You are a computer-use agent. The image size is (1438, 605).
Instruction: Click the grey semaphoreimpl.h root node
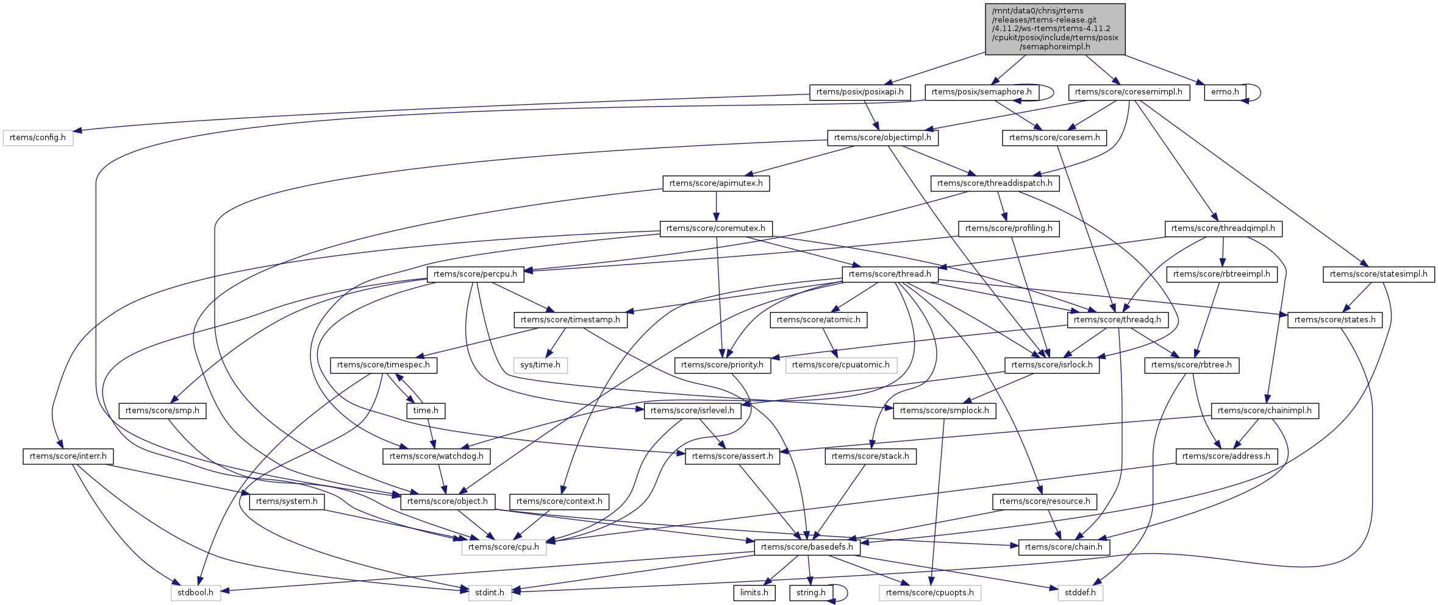(1055, 29)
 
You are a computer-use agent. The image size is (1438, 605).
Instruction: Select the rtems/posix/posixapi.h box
(860, 92)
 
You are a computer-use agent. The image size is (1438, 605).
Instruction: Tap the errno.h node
(1225, 92)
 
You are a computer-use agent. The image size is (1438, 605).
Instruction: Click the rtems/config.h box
(38, 138)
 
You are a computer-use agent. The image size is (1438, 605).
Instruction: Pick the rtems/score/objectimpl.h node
(882, 138)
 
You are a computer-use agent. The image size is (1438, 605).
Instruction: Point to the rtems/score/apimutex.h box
(716, 183)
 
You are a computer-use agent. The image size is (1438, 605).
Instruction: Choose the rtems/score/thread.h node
(890, 274)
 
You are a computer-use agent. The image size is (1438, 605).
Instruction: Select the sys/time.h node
(540, 365)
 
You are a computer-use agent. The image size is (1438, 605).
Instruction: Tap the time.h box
(426, 411)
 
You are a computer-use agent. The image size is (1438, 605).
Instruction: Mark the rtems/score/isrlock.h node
(1052, 365)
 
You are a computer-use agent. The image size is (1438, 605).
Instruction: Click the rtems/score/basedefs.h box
(807, 547)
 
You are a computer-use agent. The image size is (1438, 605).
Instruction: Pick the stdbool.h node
(196, 592)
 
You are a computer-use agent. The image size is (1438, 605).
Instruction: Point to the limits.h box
(754, 592)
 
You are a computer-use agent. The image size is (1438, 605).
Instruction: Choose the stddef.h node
(1080, 592)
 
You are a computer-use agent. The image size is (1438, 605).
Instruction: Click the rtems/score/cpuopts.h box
(930, 592)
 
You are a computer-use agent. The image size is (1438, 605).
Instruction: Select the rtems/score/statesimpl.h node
(1378, 274)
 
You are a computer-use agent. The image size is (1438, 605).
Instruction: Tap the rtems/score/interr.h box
(68, 456)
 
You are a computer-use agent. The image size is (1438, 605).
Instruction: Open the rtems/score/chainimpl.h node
(1265, 411)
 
